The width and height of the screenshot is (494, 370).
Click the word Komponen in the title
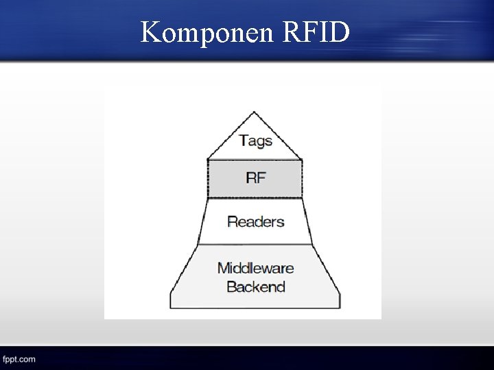206,32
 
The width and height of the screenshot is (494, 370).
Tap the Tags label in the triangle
255,141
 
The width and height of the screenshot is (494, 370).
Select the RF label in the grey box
255,178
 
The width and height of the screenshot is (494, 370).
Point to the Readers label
255,221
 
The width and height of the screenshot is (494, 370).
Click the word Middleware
255,268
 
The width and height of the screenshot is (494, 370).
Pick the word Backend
255,286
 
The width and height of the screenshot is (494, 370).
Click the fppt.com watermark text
19,359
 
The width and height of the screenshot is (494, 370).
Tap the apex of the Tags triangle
255,112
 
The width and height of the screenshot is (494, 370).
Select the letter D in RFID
340,32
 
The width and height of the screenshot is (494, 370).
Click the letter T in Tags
243,140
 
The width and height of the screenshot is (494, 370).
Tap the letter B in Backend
231,286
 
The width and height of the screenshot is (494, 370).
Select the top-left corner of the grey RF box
207,160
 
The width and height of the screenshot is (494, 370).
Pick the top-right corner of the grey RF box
302,160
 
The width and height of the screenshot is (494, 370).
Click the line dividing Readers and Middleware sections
255,245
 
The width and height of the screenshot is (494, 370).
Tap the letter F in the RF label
261,178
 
